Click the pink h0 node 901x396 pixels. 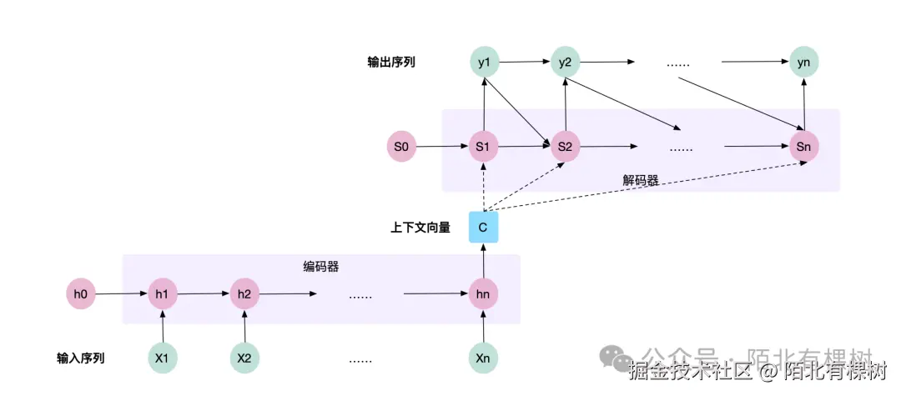click(80, 293)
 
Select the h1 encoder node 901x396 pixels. click(162, 293)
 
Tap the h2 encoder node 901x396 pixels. click(244, 293)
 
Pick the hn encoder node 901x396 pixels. click(483, 293)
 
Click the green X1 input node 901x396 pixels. click(162, 358)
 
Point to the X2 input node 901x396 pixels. click(244, 358)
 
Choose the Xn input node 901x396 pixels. click(483, 358)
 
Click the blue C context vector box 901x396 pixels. click(483, 227)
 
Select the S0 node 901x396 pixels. click(401, 148)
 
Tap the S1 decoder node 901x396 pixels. click(483, 148)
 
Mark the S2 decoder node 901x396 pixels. click(565, 148)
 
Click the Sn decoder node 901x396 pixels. click(804, 148)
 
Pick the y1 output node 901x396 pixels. click(483, 63)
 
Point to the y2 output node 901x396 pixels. click(565, 63)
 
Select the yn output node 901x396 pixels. click(804, 63)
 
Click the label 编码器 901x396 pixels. click(320, 267)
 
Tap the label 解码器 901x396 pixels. click(640, 179)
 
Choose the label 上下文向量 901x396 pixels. click(420, 227)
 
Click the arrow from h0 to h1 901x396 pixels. click(121, 293)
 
